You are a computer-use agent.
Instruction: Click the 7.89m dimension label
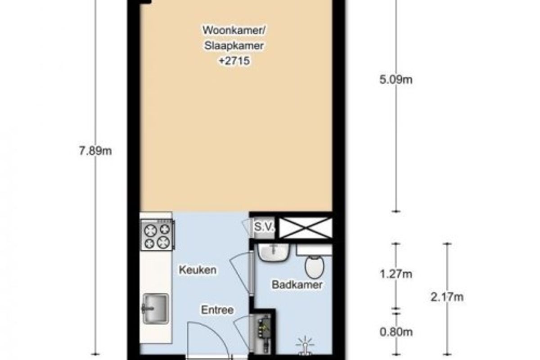pyautogui.click(x=95, y=152)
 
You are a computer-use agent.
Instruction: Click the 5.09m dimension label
pyautogui.click(x=396, y=80)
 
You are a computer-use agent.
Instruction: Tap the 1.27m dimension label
pyautogui.click(x=396, y=274)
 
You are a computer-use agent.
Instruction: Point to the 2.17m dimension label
pyautogui.click(x=447, y=297)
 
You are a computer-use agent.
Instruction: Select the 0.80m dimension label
pyautogui.click(x=396, y=332)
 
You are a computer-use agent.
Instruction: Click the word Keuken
pyautogui.click(x=198, y=270)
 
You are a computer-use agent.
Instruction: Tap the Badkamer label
pyautogui.click(x=297, y=285)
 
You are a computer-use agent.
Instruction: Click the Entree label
pyautogui.click(x=217, y=310)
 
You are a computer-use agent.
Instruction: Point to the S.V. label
pyautogui.click(x=264, y=227)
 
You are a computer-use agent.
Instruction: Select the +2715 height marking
pyautogui.click(x=234, y=61)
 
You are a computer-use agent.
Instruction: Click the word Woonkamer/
pyautogui.click(x=234, y=31)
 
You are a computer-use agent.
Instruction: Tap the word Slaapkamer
pyautogui.click(x=234, y=45)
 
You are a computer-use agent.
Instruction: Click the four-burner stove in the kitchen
pyautogui.click(x=157, y=234)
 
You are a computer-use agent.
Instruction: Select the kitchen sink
pyautogui.click(x=155, y=309)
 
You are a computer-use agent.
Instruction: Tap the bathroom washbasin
pyautogui.click(x=273, y=252)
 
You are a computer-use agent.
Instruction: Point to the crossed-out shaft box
pyautogui.click(x=306, y=227)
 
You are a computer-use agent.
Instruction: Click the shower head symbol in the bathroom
pyautogui.click(x=305, y=346)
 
